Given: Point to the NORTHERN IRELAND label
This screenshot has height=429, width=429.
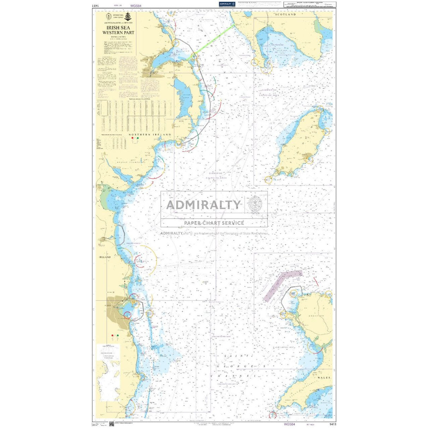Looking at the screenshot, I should click(150, 135).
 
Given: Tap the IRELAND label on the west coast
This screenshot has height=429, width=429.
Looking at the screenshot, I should click(105, 257).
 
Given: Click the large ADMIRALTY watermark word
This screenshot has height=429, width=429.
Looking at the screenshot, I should click(203, 205).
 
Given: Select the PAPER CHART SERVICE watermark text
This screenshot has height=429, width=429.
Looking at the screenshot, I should click(214, 223).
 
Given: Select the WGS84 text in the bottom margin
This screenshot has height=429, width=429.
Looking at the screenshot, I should click(289, 424).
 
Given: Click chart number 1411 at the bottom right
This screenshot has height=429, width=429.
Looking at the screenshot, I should click(332, 424).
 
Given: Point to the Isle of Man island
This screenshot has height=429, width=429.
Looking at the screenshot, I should click(300, 145).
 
